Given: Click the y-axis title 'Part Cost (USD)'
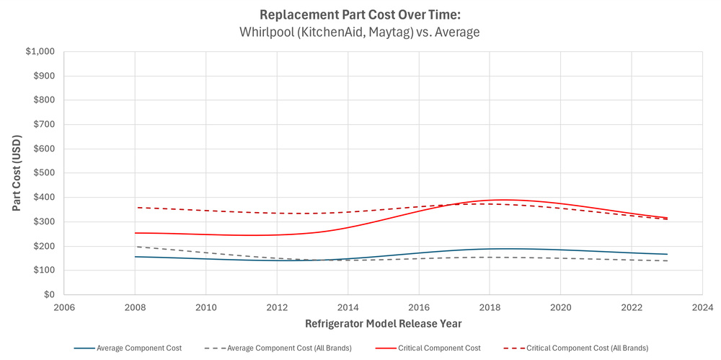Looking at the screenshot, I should (17, 173).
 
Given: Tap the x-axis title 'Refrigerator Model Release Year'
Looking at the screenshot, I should (383, 323).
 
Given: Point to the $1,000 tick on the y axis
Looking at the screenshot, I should (40, 52).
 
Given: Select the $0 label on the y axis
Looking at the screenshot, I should (49, 295).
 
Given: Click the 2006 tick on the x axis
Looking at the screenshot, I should (64, 307).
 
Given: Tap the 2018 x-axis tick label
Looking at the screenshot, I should (490, 307).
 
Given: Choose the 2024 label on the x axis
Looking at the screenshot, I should (702, 307).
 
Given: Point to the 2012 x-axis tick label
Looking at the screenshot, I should (277, 307).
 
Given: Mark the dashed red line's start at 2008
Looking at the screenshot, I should (136, 208).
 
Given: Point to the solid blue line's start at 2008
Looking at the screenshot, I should (136, 257).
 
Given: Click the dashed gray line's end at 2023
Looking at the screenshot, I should (667, 260).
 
